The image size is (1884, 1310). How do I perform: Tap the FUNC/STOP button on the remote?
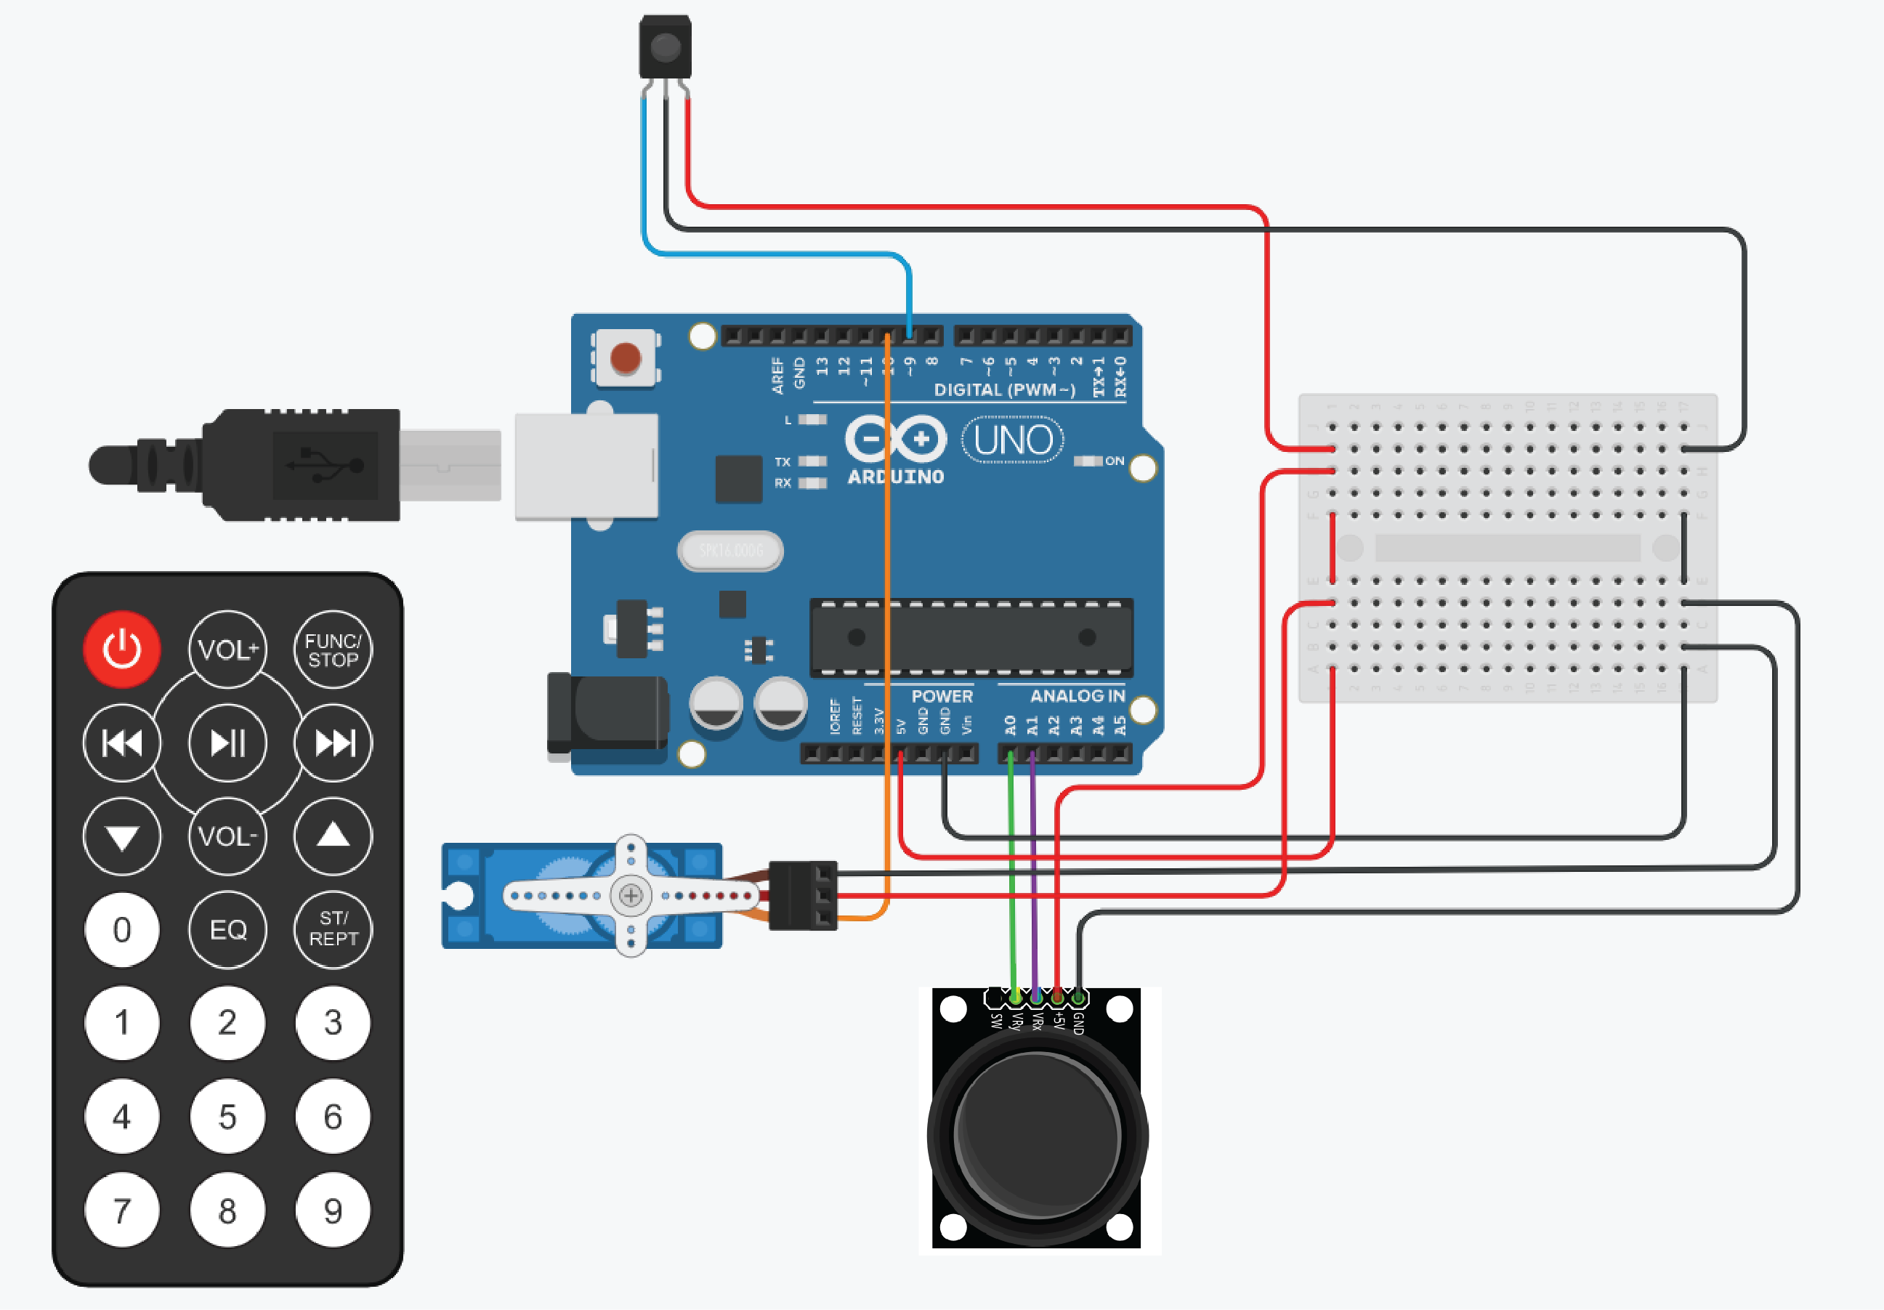pyautogui.click(x=332, y=650)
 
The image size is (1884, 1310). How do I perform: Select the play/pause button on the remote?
pyautogui.click(x=227, y=743)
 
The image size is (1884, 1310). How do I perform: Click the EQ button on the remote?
pyautogui.click(x=227, y=929)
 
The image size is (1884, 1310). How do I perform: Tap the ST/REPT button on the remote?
pyautogui.click(x=332, y=929)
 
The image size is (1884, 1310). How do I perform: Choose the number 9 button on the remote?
pyautogui.click(x=332, y=1210)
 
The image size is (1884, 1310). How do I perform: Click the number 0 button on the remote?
pyautogui.click(x=121, y=929)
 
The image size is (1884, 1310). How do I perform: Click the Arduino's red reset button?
pyautogui.click(x=626, y=358)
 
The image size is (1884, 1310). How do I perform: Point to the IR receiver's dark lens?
pyautogui.click(x=665, y=47)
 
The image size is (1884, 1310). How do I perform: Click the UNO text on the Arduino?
pyautogui.click(x=1013, y=440)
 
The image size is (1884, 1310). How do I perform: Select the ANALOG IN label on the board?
pyautogui.click(x=1077, y=696)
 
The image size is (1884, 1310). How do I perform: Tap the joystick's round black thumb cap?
pyautogui.click(x=1038, y=1136)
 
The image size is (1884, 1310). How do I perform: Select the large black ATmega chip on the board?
pyautogui.click(x=971, y=637)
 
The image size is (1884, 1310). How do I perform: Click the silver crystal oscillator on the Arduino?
pyautogui.click(x=729, y=550)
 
